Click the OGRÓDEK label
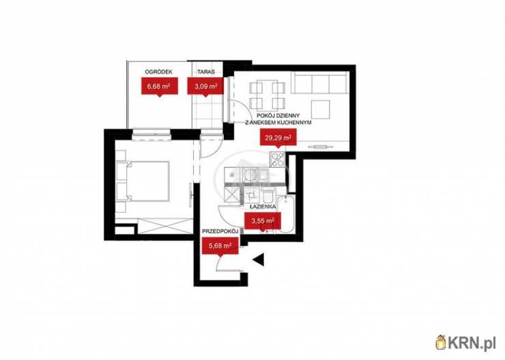coord(158,72)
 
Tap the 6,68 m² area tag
coord(160,86)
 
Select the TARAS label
coord(206,72)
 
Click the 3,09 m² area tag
coord(205,86)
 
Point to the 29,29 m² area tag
coord(278,137)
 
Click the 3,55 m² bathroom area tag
coord(263,221)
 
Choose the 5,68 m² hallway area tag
coord(220,245)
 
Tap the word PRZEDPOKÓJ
coord(220,231)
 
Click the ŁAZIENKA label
coord(263,207)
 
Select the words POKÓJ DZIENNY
coord(278,115)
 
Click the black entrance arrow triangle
coord(259,260)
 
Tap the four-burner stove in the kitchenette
coord(277,160)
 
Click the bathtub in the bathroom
coord(287,213)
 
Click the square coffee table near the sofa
coord(321,109)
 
